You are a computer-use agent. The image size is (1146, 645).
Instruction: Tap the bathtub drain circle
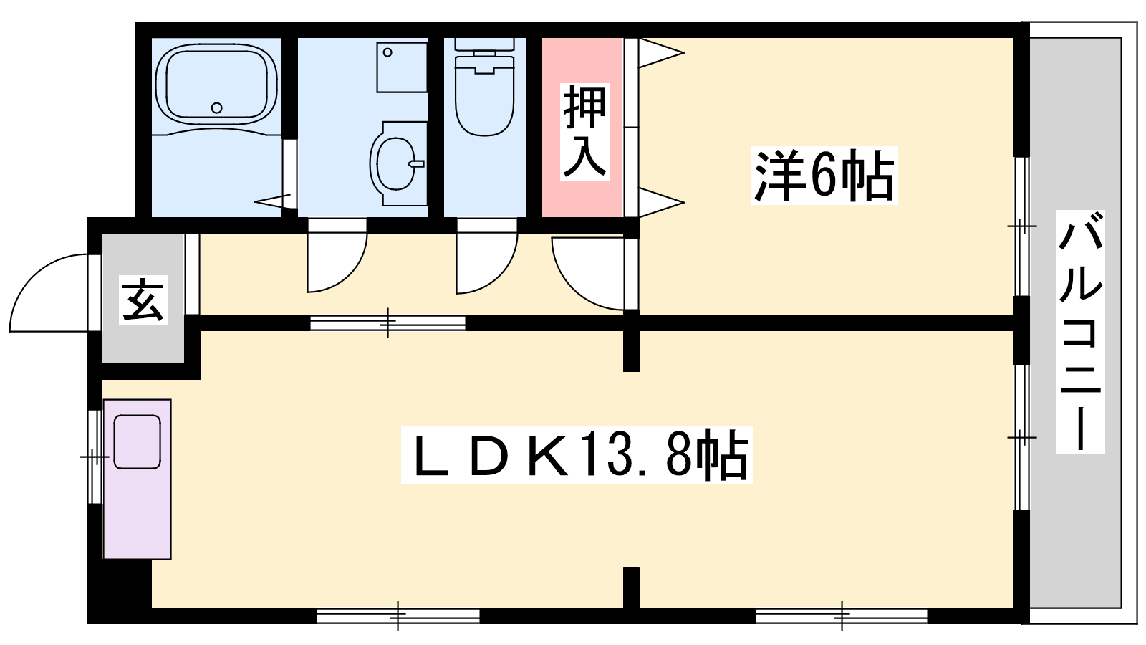click(217, 108)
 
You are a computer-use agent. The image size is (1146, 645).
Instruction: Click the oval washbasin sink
click(395, 164)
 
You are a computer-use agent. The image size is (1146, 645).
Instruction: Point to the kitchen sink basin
click(137, 441)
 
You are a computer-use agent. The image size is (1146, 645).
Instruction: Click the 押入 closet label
click(584, 132)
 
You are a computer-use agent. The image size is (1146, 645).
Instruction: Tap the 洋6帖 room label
click(824, 176)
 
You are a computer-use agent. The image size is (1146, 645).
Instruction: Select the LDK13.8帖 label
click(577, 455)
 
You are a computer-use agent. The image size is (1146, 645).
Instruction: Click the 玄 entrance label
click(143, 300)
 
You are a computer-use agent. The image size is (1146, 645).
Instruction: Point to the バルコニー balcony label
click(1081, 332)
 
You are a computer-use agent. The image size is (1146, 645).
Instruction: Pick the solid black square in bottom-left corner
click(119, 591)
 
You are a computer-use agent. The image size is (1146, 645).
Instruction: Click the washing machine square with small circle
click(402, 67)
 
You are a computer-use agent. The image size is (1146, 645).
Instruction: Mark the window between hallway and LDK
click(387, 322)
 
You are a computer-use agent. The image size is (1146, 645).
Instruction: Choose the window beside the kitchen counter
click(95, 456)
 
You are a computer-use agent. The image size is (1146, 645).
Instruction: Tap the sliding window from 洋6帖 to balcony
click(1021, 226)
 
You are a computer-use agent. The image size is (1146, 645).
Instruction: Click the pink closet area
click(582, 127)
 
